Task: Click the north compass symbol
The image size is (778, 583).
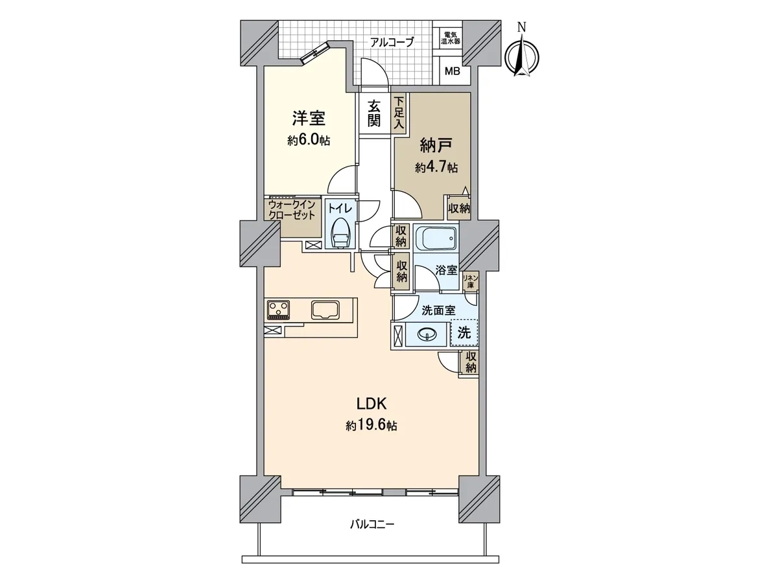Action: (x=521, y=54)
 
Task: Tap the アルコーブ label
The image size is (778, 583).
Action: (x=392, y=43)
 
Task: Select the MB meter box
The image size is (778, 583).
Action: (x=453, y=71)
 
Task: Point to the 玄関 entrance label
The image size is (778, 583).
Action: (x=374, y=113)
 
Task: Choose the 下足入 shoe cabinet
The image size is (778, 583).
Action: (x=399, y=113)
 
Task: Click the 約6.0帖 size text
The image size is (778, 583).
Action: (x=309, y=141)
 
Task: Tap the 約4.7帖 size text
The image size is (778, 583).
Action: (x=436, y=167)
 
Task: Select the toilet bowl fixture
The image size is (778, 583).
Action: (x=340, y=234)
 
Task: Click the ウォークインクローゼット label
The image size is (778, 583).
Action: (x=292, y=210)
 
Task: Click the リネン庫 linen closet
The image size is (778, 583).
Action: (x=470, y=282)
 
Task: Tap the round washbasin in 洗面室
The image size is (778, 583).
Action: (x=427, y=334)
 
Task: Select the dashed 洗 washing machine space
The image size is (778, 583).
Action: (x=464, y=333)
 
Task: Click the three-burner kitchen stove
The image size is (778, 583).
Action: (x=279, y=310)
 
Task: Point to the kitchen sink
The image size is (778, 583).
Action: (x=325, y=310)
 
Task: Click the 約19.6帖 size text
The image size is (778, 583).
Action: (x=371, y=426)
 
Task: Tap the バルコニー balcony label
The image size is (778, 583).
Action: (x=372, y=534)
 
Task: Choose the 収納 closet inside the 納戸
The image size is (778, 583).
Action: (x=459, y=208)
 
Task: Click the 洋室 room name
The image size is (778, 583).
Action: (x=309, y=119)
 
